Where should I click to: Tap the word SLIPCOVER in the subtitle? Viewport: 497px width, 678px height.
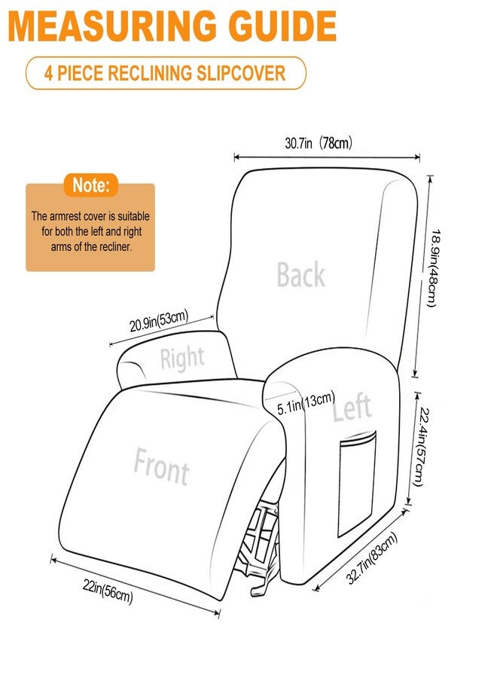click(x=241, y=72)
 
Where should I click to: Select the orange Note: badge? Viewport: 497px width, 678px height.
click(x=90, y=185)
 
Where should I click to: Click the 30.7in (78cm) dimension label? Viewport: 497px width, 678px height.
click(x=319, y=142)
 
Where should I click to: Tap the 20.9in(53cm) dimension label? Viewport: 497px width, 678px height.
click(x=159, y=320)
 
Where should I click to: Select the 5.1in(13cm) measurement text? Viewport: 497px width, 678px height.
click(x=306, y=404)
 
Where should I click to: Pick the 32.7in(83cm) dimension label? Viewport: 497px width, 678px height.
click(x=372, y=557)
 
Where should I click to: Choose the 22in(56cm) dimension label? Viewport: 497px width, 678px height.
click(x=108, y=591)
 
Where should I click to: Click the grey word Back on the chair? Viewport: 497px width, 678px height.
click(x=300, y=274)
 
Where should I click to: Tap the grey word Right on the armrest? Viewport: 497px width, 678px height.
click(x=182, y=358)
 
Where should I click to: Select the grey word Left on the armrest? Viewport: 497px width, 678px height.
click(x=352, y=408)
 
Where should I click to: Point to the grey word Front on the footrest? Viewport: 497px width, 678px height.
click(x=161, y=466)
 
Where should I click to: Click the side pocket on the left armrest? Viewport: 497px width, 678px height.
click(x=356, y=484)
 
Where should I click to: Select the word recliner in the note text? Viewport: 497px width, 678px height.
click(x=115, y=247)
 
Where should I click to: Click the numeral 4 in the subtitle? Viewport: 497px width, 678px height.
click(x=49, y=73)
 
